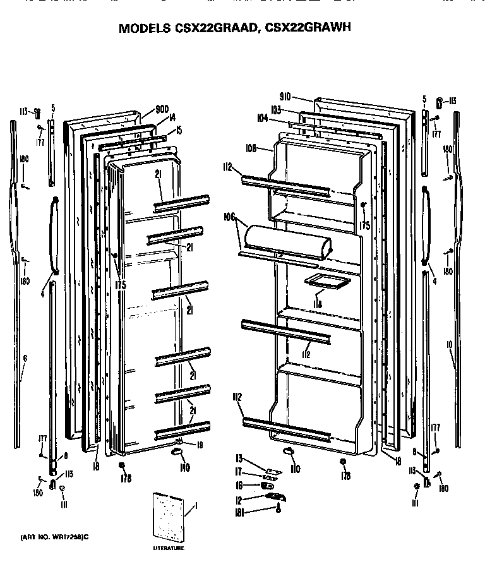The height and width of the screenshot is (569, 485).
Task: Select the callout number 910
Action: click(x=285, y=97)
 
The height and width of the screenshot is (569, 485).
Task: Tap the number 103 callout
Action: click(x=275, y=109)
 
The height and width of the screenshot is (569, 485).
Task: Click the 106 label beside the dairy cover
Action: click(x=229, y=217)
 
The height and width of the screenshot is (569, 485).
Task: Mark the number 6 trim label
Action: click(x=25, y=358)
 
